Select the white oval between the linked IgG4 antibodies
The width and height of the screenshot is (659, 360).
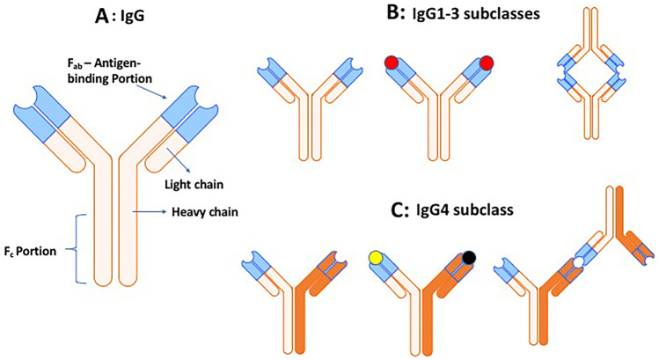578,261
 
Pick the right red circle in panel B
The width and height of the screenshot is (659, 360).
485,62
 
